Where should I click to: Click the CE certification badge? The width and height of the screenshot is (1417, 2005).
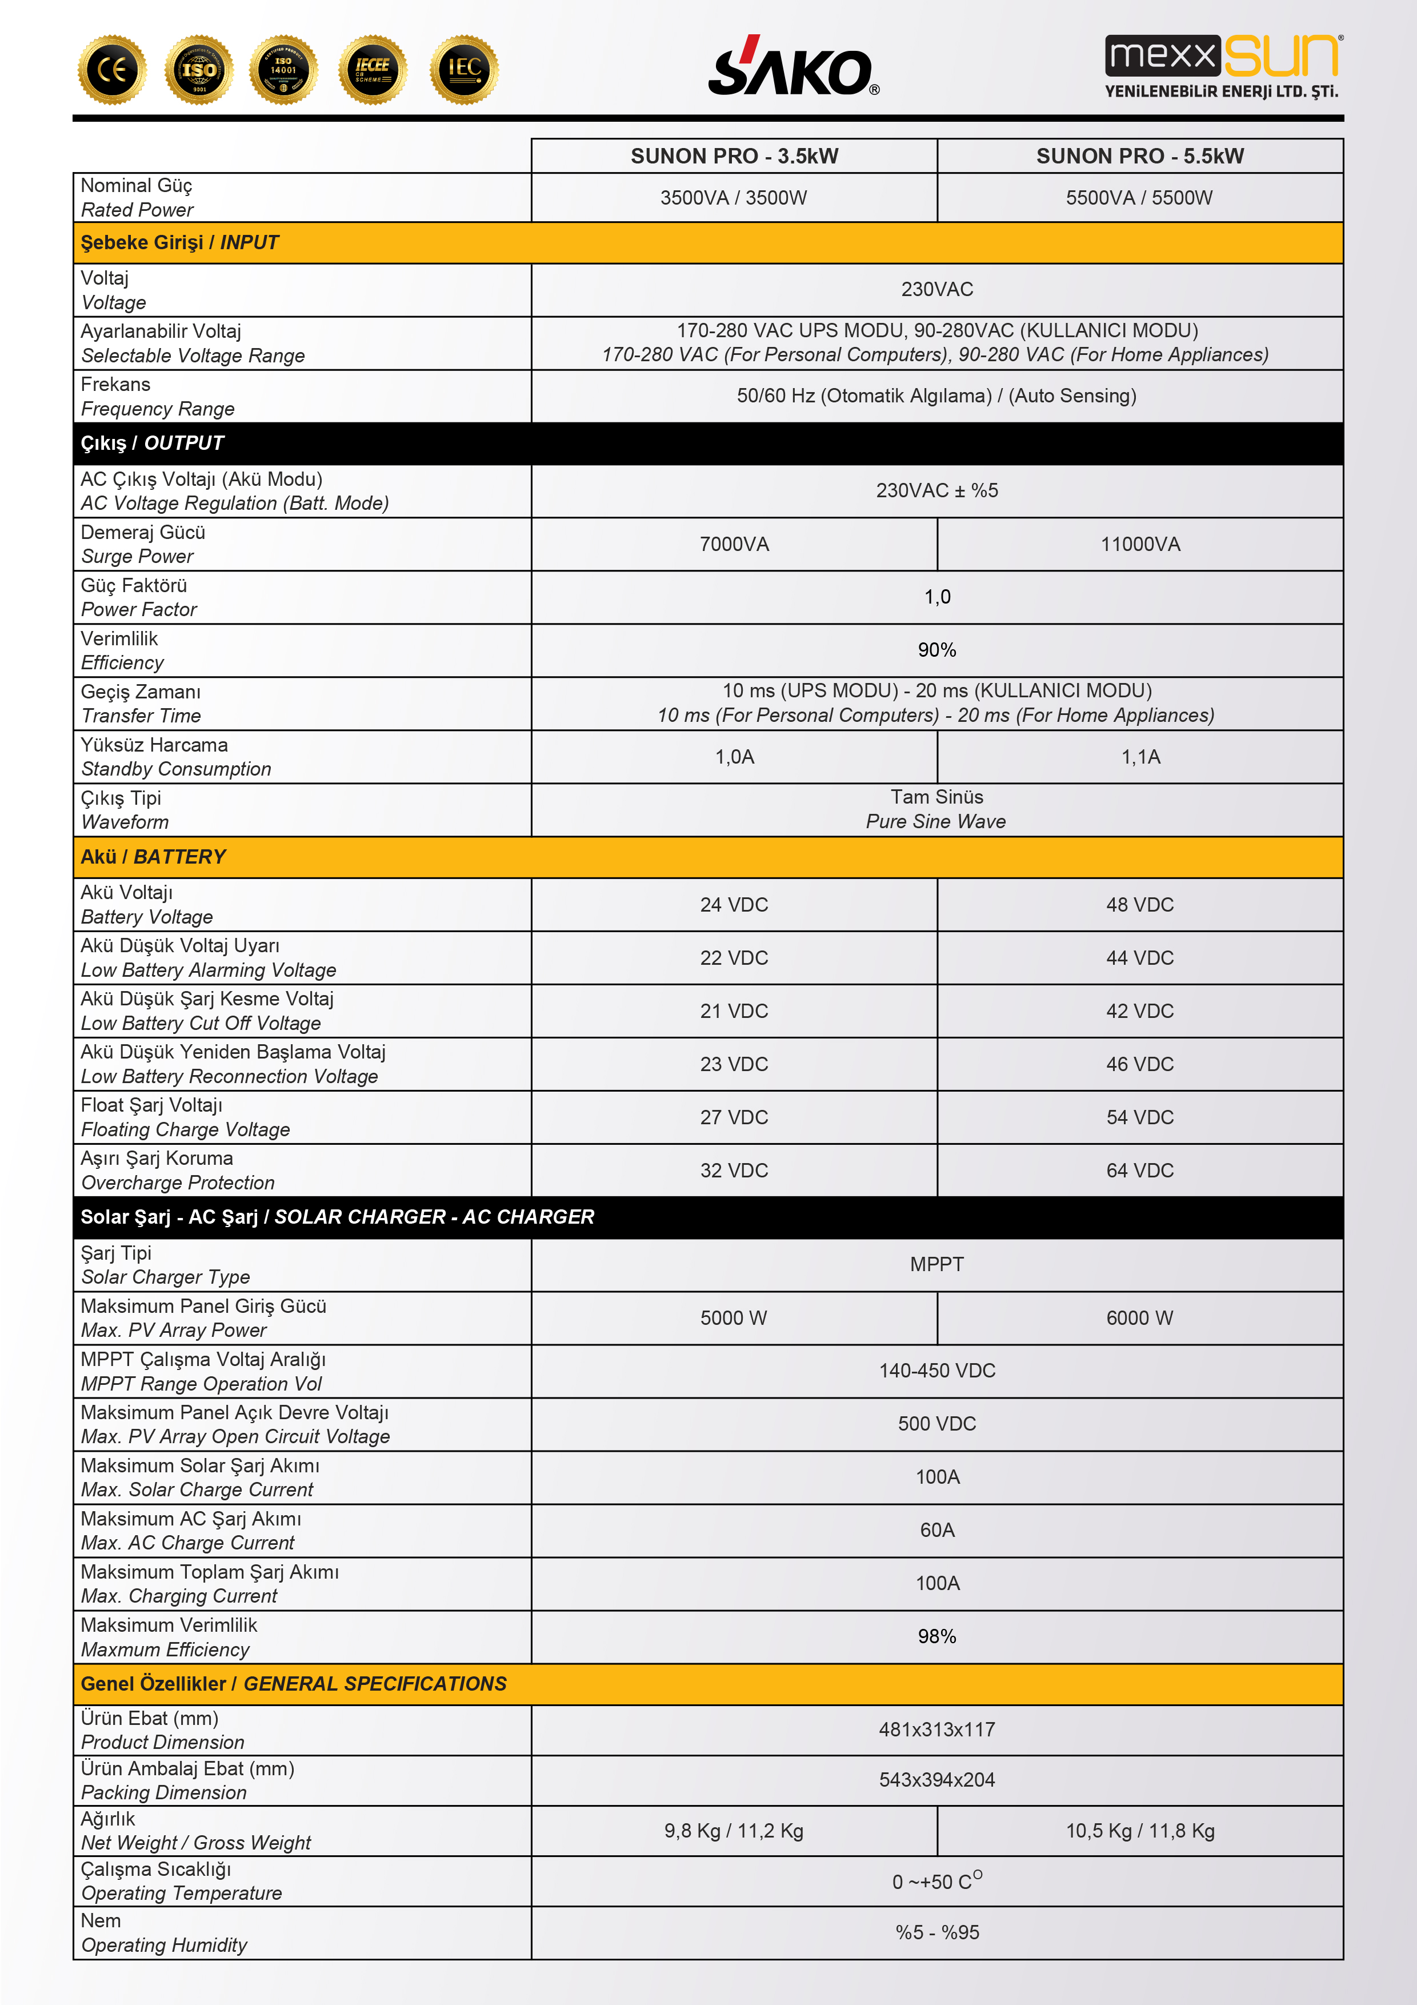pyautogui.click(x=112, y=69)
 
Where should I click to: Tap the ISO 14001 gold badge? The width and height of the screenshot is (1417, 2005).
pyautogui.click(x=283, y=69)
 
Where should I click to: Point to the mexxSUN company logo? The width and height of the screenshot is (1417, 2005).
pyautogui.click(x=1222, y=66)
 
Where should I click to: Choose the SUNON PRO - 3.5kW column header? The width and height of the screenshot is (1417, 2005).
pyautogui.click(x=734, y=156)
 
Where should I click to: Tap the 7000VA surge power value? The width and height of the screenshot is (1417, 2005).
pyautogui.click(x=734, y=545)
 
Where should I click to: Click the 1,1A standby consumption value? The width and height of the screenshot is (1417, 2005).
pyautogui.click(x=1140, y=757)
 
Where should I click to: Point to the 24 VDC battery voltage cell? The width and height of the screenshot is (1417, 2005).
pyautogui.click(x=734, y=905)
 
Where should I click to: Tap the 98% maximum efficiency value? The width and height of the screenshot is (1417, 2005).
pyautogui.click(x=937, y=1636)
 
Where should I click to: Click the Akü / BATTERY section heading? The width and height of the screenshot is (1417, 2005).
pyautogui.click(x=154, y=857)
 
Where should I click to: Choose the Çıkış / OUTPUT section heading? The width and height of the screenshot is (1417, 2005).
pyautogui.click(x=153, y=444)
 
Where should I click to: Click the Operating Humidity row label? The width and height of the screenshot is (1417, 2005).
pyautogui.click(x=164, y=1946)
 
